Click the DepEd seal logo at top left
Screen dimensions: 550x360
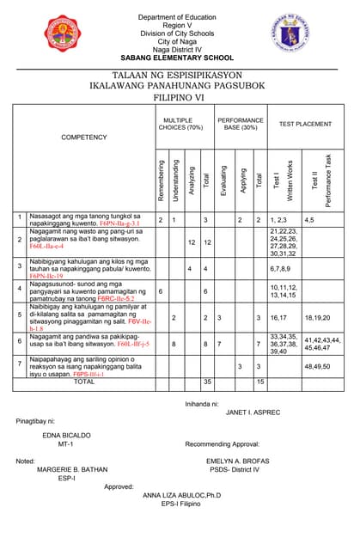pos(34,38)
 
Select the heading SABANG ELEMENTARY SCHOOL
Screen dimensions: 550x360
pos(180,58)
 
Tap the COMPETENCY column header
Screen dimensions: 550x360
pos(84,137)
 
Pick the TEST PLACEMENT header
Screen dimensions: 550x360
pos(305,124)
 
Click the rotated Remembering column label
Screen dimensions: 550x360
pos(161,180)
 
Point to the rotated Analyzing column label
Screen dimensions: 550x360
pos(191,181)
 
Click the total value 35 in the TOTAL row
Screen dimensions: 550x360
pos(206,381)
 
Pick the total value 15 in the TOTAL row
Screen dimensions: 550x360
pos(259,381)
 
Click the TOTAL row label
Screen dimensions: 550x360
pos(84,381)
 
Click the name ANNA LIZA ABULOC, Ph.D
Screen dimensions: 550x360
pos(181,496)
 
